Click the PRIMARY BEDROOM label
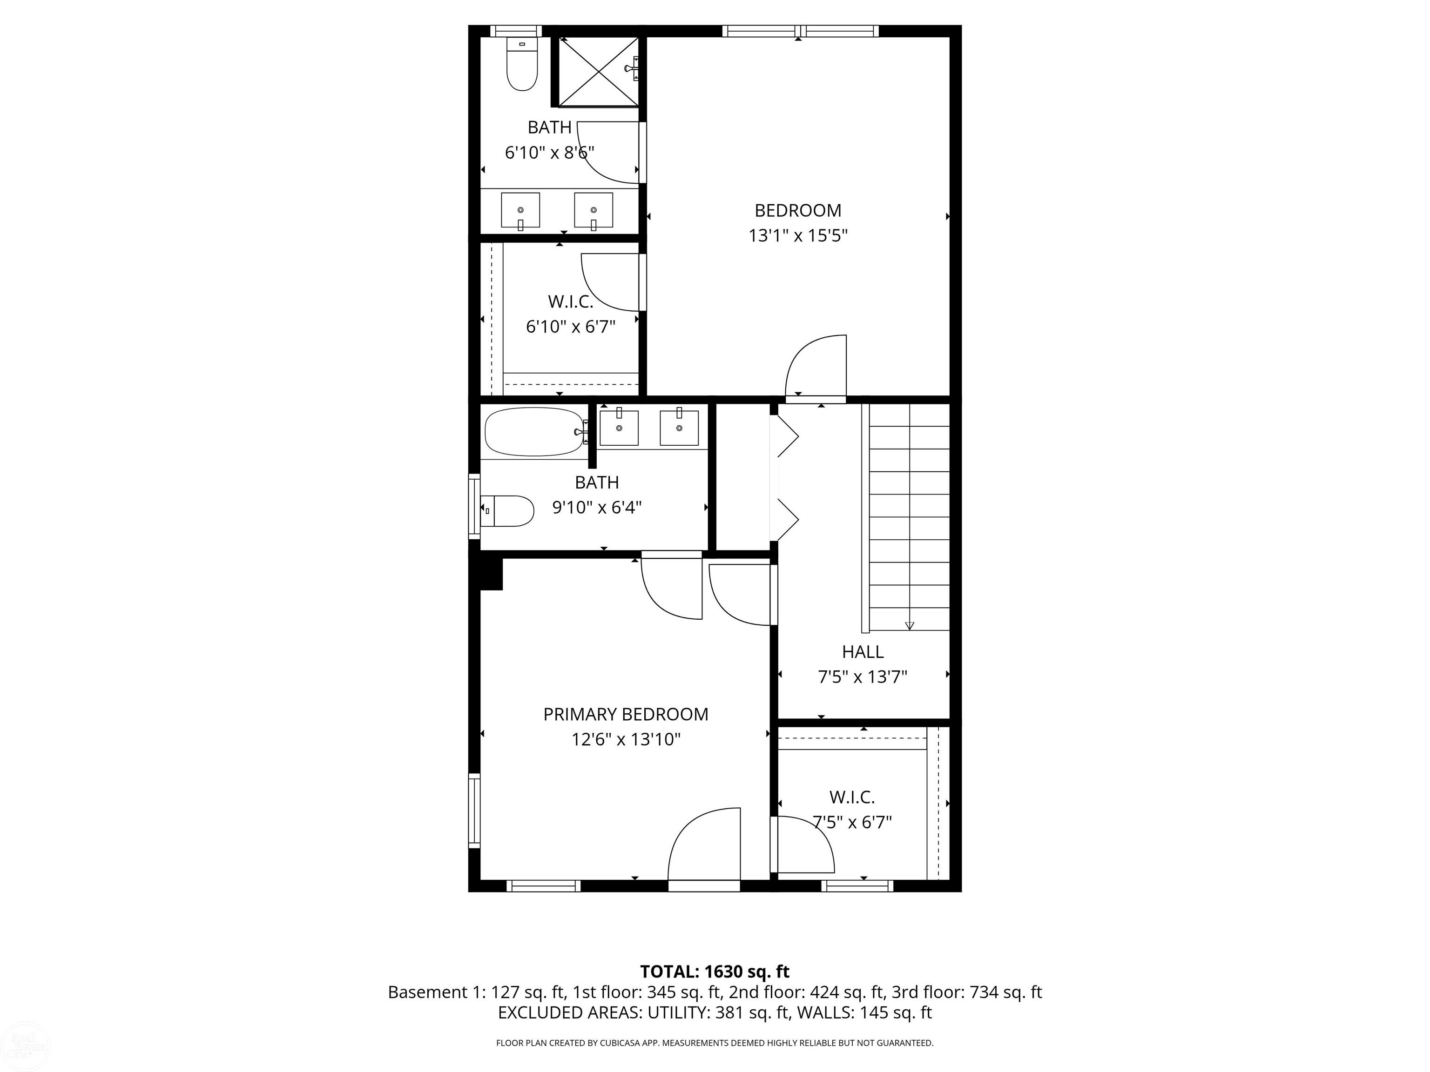coord(625,714)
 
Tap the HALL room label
coord(863,651)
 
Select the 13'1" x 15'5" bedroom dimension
coord(798,236)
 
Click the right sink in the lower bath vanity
coord(679,427)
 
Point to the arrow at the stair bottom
coord(910,625)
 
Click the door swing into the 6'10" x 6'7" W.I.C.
coord(610,282)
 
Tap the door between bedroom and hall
coord(816,368)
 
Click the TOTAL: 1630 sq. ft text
coord(715,971)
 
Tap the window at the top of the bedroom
coord(800,30)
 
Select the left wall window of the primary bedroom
coord(474,811)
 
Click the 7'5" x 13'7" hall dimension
coord(863,677)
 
